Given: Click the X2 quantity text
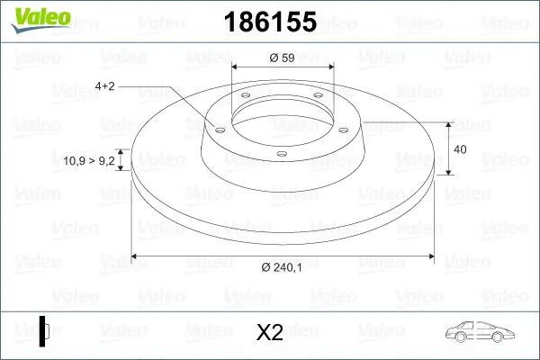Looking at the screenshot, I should pyautogui.click(x=269, y=333).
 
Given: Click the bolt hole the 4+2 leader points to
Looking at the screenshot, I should pyautogui.click(x=217, y=129).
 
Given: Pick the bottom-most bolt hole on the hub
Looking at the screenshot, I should pyautogui.click(x=281, y=154).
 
